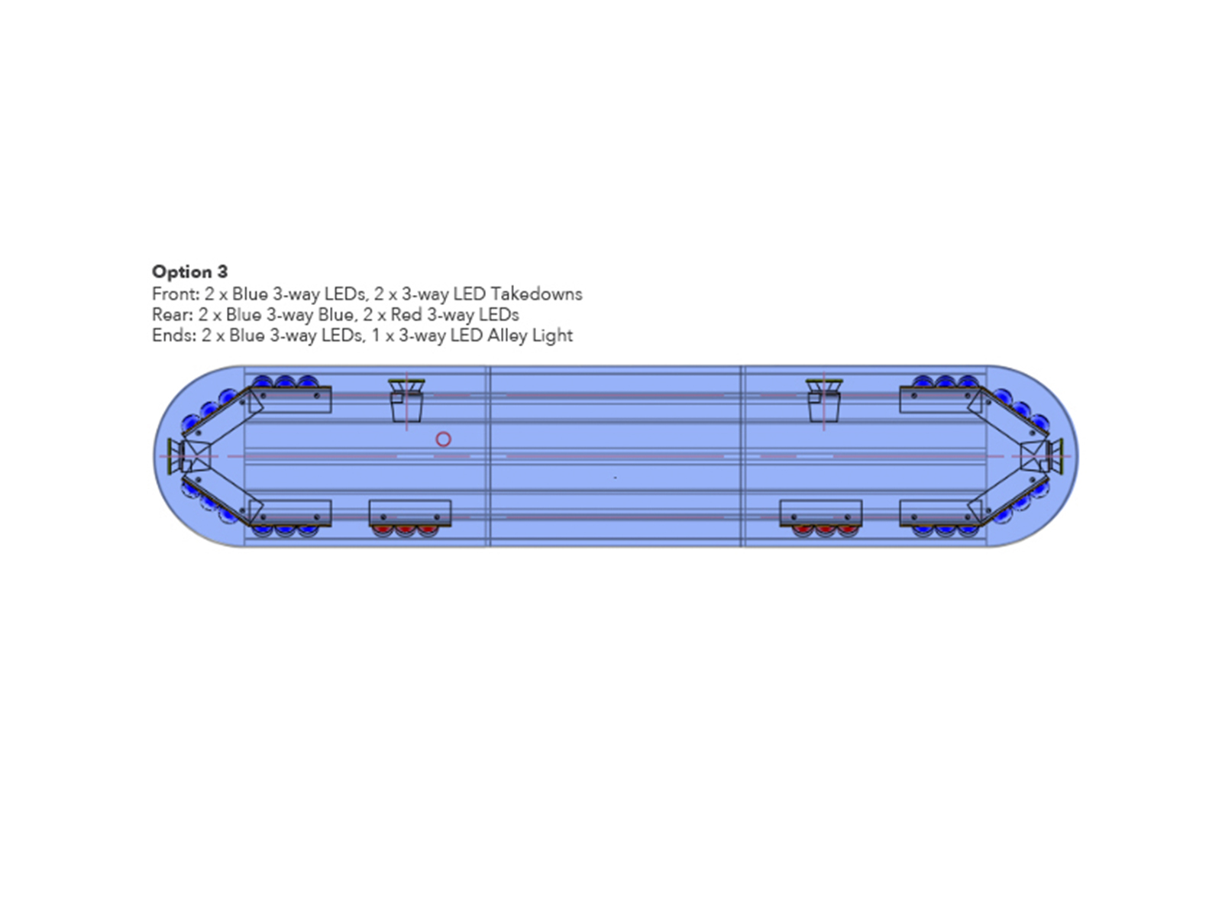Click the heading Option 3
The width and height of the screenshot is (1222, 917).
coord(190,272)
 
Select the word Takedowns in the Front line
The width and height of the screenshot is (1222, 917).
coord(537,294)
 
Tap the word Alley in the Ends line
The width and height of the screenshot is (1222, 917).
coord(508,335)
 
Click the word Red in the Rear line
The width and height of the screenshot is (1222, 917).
coord(406,315)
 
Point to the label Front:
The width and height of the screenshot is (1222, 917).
coord(176,294)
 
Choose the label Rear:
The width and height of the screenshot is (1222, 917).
coord(173,315)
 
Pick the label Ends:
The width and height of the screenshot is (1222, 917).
coord(173,335)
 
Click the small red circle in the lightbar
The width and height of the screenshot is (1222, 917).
coord(443,439)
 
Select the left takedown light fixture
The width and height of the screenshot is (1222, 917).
coord(407,400)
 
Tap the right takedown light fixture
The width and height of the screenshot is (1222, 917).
coord(825,400)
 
